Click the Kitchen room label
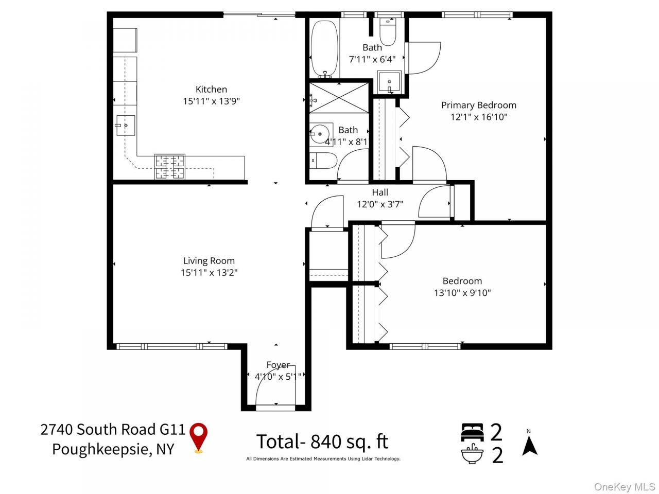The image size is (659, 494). [x=211, y=89]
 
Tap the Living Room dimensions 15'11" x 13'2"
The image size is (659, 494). [x=209, y=273]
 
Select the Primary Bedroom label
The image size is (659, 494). [x=479, y=105]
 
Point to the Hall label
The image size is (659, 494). [x=380, y=192]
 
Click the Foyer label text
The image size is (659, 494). [x=278, y=365]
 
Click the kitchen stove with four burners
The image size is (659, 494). [x=169, y=167]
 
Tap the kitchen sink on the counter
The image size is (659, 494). [x=126, y=126]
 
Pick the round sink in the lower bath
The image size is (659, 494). [x=320, y=134]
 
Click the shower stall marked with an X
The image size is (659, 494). [x=339, y=98]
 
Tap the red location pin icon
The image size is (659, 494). [x=198, y=437]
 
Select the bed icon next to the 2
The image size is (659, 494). [x=472, y=432]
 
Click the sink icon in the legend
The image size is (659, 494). [x=472, y=454]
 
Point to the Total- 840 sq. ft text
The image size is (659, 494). [x=322, y=442]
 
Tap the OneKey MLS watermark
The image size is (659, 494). [x=625, y=486]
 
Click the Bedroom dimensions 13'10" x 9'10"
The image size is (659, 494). [x=462, y=293]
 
